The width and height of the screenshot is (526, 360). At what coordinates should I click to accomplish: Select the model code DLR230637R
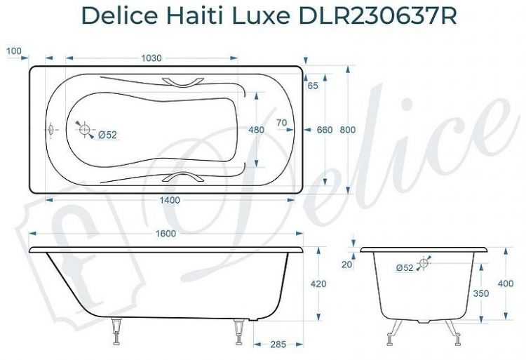click(x=375, y=15)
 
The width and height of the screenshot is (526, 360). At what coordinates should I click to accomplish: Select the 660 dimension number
click(x=325, y=130)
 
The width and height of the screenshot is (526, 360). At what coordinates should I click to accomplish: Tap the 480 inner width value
click(x=257, y=130)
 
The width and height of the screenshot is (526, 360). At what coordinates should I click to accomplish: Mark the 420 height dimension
click(x=319, y=284)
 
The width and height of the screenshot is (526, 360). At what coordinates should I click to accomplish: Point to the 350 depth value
click(x=480, y=294)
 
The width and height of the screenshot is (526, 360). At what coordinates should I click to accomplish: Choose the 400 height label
click(x=506, y=283)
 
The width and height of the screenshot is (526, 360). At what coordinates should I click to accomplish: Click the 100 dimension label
click(x=13, y=51)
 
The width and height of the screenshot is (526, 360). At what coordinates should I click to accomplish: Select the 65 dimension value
click(x=313, y=85)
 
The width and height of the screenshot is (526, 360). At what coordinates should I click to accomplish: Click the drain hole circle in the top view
click(x=86, y=130)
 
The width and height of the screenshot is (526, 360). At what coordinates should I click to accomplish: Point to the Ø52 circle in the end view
click(x=423, y=264)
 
